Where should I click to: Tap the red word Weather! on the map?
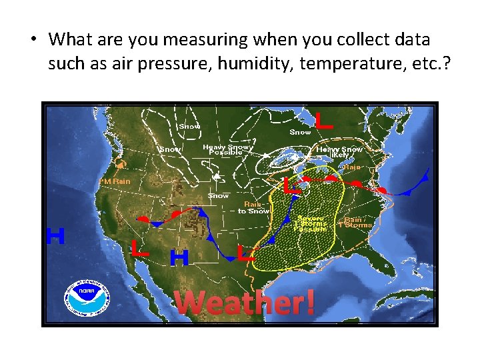tap(244, 303)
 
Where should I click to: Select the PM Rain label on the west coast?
tap(115, 181)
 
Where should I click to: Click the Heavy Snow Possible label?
tap(227, 149)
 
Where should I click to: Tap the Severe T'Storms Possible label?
tap(311, 223)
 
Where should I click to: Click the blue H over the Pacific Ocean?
tap(55, 236)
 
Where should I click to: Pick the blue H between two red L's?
tap(179, 257)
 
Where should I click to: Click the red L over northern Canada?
tap(323, 121)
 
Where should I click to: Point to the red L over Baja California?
tap(139, 249)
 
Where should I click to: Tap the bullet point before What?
tap(32, 40)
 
